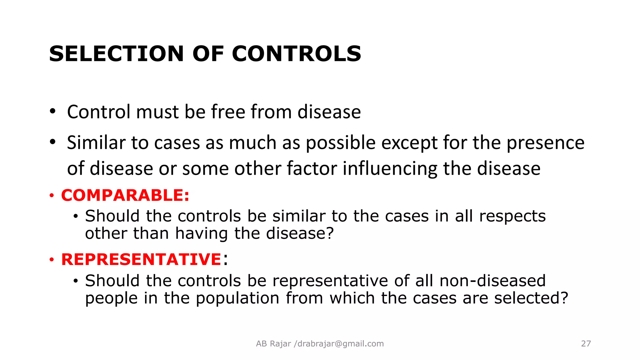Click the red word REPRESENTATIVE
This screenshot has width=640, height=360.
pos(141,259)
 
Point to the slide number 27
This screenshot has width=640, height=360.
pos(586,344)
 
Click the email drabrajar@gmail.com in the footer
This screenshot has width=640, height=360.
pos(341,344)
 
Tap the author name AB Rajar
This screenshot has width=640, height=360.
pos(273,344)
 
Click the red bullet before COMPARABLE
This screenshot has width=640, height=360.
pos(52,196)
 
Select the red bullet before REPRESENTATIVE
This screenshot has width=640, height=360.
pos(52,260)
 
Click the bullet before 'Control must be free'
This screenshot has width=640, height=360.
pos(52,111)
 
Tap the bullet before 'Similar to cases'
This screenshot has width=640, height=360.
pos(52,142)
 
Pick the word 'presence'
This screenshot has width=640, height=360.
pos(545,143)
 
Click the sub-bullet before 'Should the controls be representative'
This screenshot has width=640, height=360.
pos(75,281)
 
